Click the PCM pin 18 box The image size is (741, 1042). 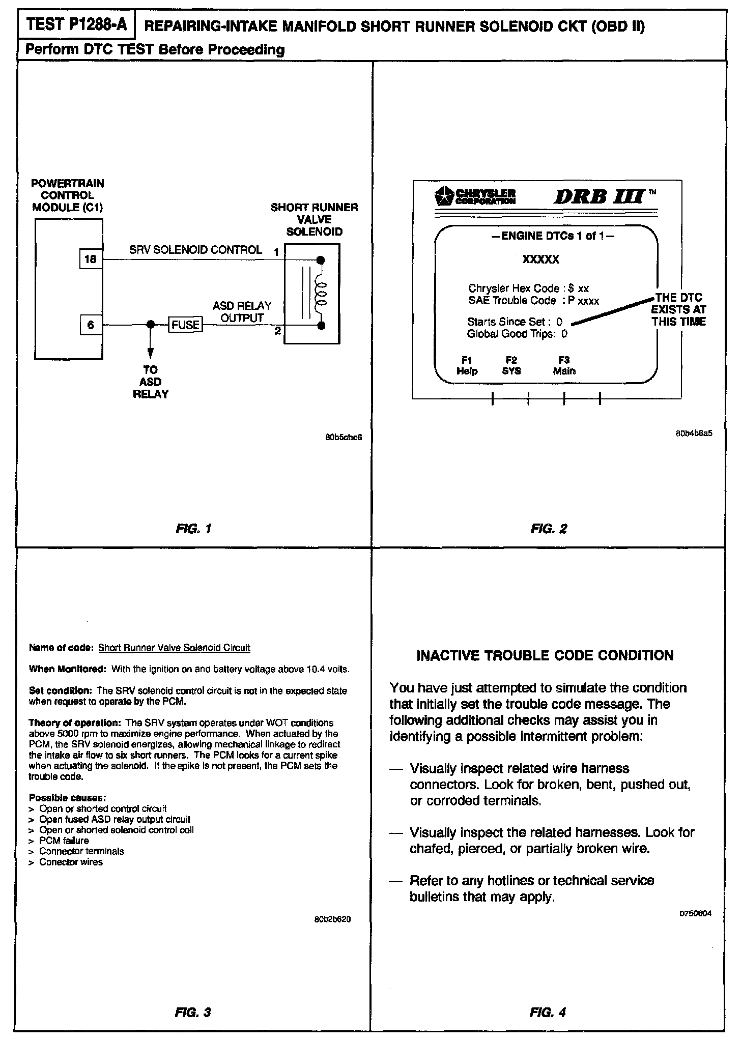[90, 259]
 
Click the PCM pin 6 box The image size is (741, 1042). [91, 325]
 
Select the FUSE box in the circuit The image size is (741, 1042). [185, 325]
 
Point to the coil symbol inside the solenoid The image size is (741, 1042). [321, 293]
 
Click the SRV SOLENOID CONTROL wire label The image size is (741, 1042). [195, 250]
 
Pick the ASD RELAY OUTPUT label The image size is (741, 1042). [242, 312]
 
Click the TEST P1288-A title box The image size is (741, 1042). [76, 25]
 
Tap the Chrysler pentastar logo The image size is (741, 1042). [443, 196]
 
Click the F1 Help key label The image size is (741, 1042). [467, 366]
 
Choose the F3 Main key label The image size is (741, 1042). [564, 366]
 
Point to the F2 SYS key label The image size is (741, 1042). [511, 366]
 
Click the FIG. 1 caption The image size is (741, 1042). [193, 529]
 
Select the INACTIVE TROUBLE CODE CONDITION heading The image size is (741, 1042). [545, 655]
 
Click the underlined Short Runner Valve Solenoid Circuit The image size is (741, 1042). [174, 648]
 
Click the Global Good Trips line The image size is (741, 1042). [517, 334]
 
